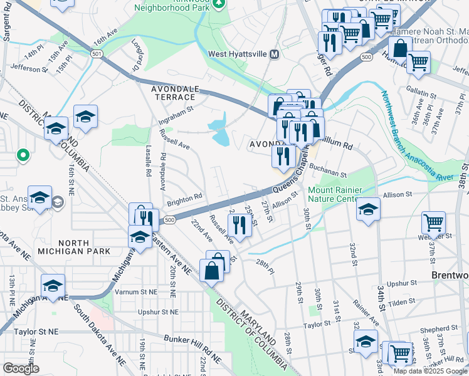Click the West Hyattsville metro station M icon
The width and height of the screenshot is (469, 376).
274,55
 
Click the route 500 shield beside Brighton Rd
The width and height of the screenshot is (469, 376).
169,220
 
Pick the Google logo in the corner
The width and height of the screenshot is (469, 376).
21,368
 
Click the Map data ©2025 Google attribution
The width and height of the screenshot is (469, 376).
431,371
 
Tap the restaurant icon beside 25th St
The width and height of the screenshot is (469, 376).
240,224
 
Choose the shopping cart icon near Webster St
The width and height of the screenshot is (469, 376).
433,222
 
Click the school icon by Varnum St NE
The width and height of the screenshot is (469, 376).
53,285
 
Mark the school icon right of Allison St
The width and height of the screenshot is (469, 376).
368,208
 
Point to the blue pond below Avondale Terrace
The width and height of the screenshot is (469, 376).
219,129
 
